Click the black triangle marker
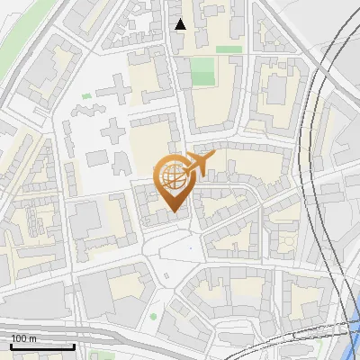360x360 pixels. tap(181, 24)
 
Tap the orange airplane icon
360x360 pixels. tap(199, 163)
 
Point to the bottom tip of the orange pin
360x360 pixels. tap(173, 212)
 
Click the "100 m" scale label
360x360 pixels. tap(23, 338)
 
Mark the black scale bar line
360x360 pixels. tap(42, 346)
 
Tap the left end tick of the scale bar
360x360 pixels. tap(12, 345)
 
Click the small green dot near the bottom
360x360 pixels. tap(153, 316)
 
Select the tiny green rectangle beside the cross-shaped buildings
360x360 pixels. tap(86, 95)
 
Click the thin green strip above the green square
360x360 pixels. tap(229, 49)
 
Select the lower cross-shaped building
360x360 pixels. tap(115, 133)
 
